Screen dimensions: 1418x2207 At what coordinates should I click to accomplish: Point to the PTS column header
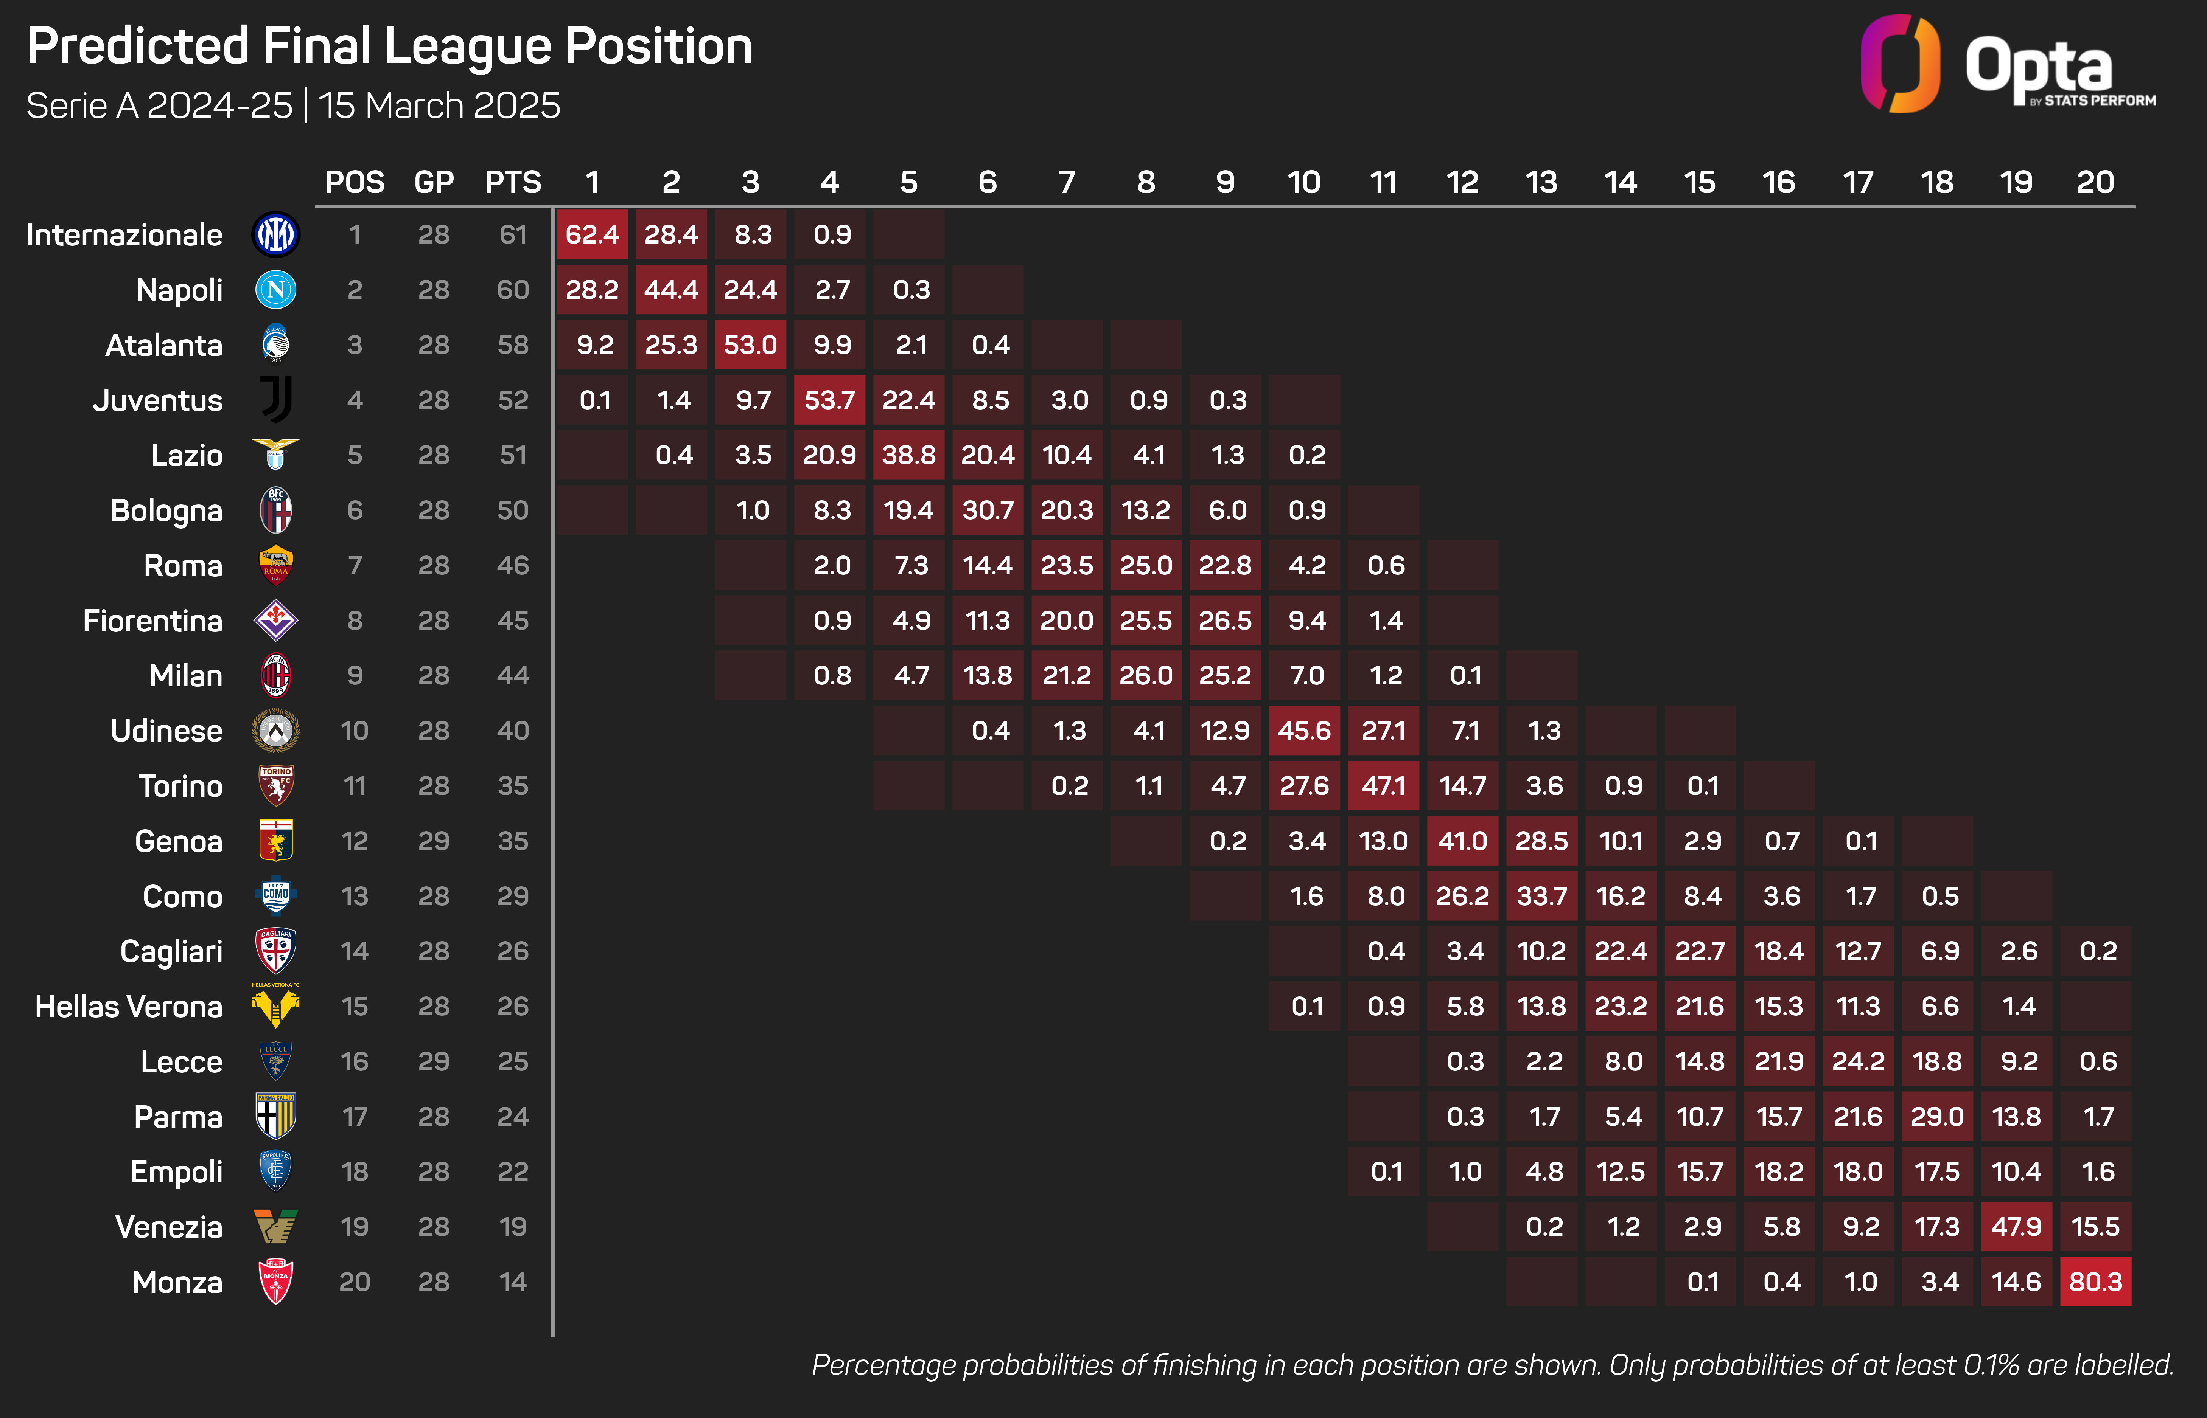(513, 182)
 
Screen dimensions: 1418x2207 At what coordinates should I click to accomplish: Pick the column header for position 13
(1541, 182)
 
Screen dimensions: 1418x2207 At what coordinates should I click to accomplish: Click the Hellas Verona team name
(129, 1007)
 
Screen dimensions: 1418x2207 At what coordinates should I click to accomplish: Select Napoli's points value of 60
(513, 290)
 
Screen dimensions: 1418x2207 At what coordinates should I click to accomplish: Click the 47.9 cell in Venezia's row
(2016, 1227)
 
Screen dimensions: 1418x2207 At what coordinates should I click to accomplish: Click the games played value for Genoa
(434, 841)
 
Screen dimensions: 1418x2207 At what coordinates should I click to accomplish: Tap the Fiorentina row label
(153, 621)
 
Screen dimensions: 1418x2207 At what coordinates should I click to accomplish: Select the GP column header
(434, 182)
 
